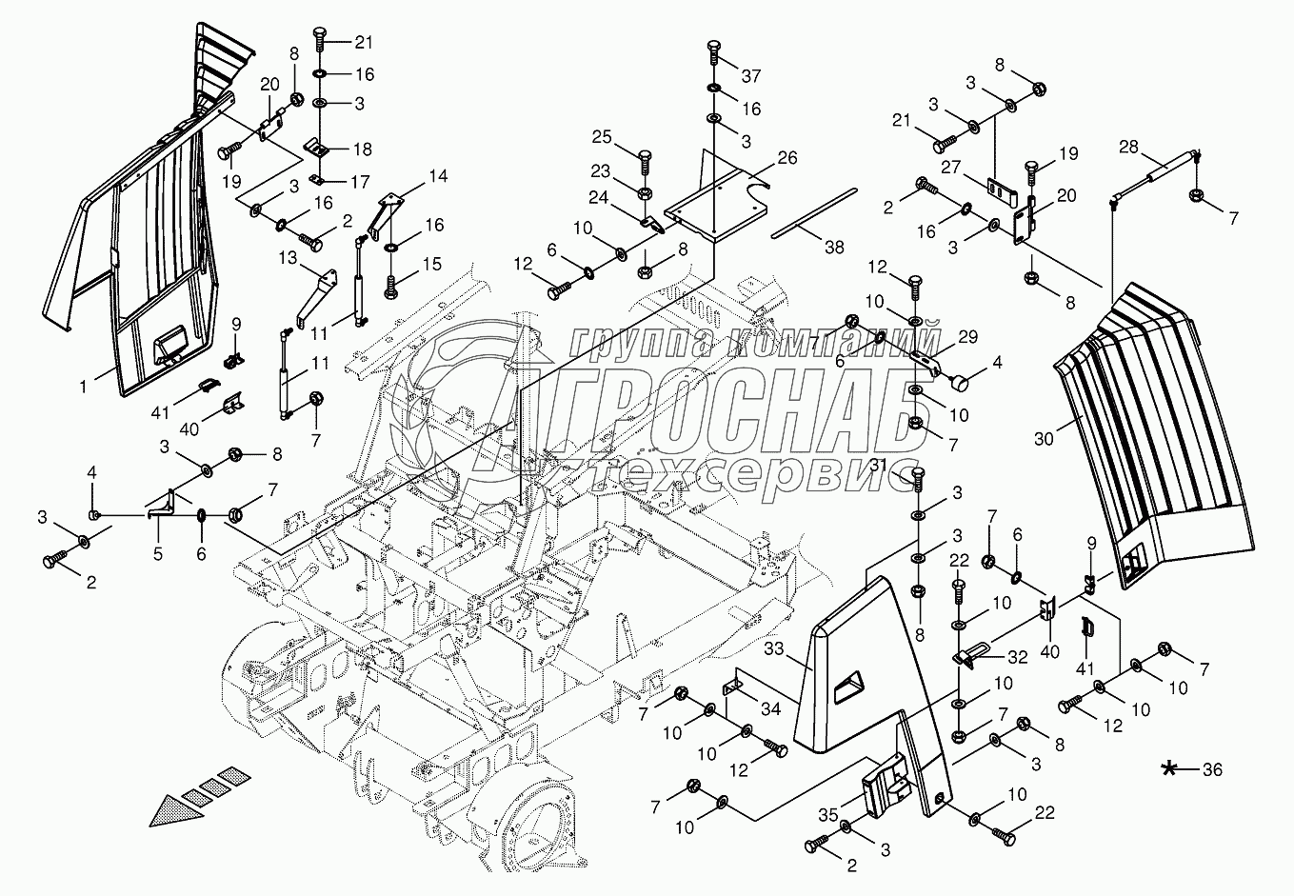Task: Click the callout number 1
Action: click(84, 387)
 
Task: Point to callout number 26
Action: click(786, 157)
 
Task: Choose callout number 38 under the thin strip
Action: click(834, 246)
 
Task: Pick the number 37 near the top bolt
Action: click(752, 74)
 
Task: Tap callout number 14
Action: click(436, 175)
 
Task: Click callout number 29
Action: click(967, 336)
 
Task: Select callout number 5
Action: click(157, 552)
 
